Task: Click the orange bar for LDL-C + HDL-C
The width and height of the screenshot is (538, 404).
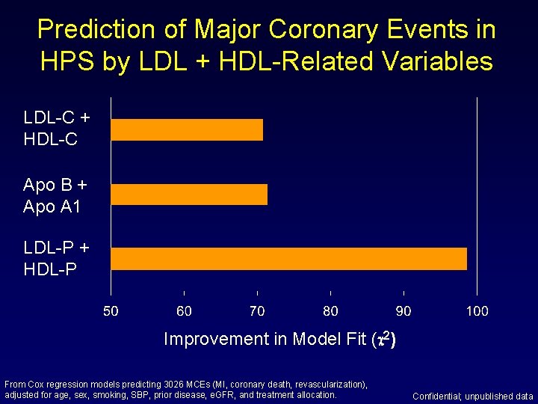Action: [187, 129]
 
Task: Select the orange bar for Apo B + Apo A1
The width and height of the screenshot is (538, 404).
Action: [189, 194]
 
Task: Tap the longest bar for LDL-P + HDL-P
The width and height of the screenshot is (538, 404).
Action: [288, 258]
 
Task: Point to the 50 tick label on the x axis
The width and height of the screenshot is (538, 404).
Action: [111, 310]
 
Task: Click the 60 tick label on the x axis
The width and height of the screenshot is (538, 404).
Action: [184, 310]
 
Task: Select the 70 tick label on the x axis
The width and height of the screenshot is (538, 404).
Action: [257, 310]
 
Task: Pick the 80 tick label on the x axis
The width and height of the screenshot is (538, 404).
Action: [330, 310]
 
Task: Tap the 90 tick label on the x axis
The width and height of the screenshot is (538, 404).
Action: [403, 310]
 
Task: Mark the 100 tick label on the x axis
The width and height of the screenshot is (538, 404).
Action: [477, 310]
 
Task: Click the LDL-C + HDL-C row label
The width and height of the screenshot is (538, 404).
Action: [57, 128]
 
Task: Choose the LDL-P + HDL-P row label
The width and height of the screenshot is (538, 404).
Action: [57, 257]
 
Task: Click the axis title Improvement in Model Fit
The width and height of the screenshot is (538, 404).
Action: [265, 339]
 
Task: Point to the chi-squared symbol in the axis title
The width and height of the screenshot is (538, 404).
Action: [381, 338]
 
